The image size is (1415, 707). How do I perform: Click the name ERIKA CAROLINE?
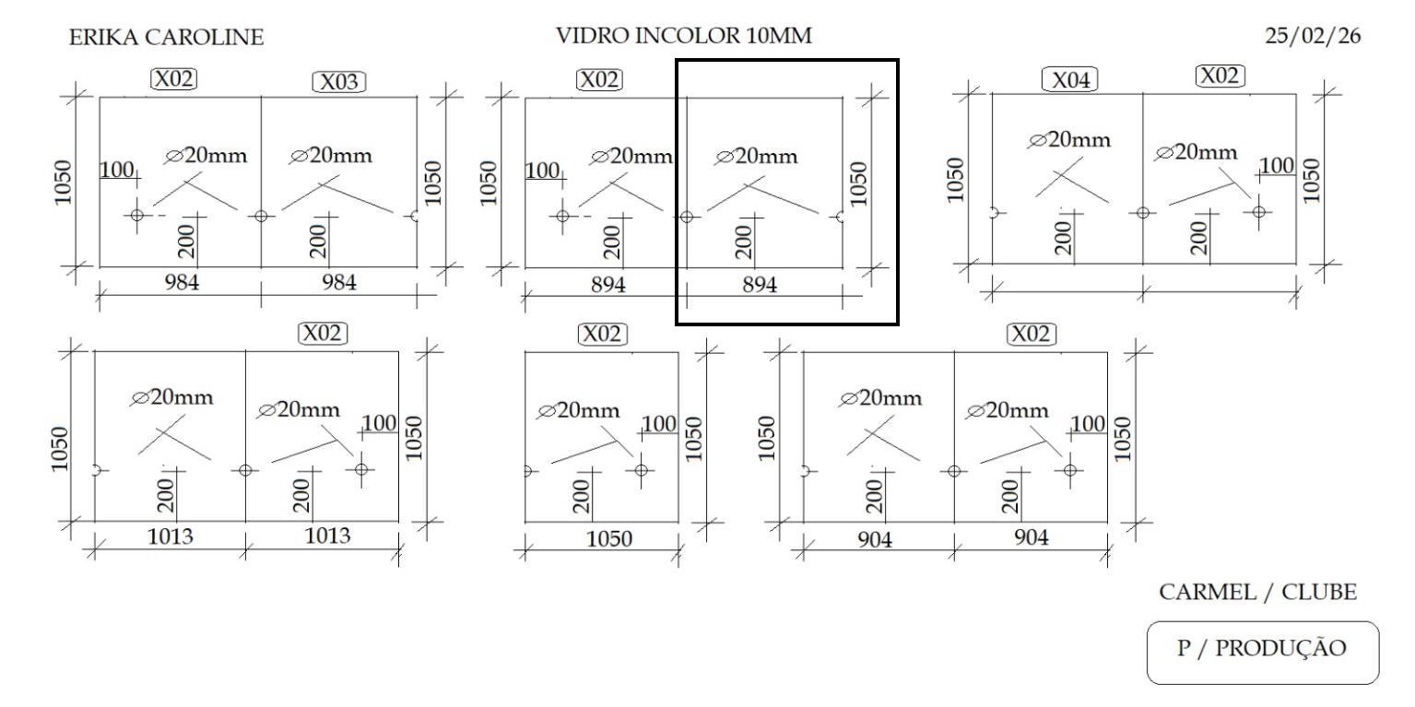[x=166, y=38]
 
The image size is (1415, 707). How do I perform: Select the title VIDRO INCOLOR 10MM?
[x=683, y=37]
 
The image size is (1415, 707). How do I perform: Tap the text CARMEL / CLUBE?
[x=1257, y=593]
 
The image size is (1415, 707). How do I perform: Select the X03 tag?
[x=338, y=82]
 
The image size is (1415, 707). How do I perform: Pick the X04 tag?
[x=1069, y=80]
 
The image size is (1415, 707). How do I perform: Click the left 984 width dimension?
[x=183, y=282]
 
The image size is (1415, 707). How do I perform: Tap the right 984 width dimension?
[x=338, y=282]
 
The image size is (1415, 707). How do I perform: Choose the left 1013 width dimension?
[x=171, y=536]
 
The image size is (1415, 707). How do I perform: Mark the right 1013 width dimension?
[x=328, y=536]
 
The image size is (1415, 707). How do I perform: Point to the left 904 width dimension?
[x=875, y=540]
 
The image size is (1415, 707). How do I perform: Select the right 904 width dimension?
[x=1032, y=538]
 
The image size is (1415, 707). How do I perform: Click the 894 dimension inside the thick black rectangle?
[x=760, y=286]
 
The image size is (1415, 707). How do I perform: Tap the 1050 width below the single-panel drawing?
[x=608, y=539]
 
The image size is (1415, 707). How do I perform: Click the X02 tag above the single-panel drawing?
[x=601, y=334]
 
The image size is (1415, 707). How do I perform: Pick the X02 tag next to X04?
[x=1220, y=76]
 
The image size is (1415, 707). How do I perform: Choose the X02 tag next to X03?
[x=173, y=79]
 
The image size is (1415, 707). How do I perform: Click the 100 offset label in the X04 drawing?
[x=1277, y=165]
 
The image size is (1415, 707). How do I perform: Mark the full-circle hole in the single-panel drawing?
[x=642, y=470]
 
